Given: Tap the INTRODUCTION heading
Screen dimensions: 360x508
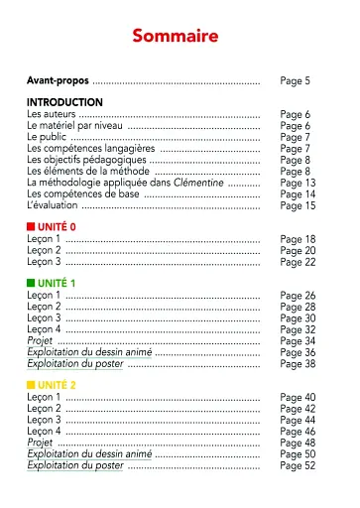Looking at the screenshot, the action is point(64,102).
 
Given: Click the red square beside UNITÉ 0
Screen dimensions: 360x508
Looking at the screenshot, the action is point(31,227).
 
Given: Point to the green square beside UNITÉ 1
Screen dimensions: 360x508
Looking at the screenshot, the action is point(31,284).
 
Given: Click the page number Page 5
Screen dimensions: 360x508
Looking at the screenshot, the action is point(296,79).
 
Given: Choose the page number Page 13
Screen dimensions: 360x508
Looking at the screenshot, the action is point(298,183).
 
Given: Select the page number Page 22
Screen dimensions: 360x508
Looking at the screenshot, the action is point(298,262).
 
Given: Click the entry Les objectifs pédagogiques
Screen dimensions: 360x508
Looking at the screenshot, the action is point(86,160).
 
